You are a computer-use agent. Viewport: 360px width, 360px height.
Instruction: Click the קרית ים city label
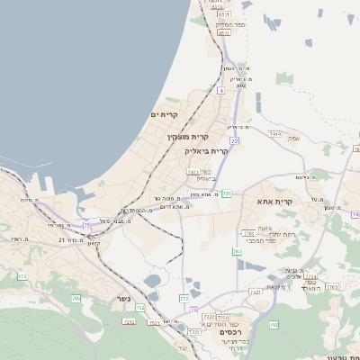[165, 114]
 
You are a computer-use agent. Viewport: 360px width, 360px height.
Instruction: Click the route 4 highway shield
[220, 91]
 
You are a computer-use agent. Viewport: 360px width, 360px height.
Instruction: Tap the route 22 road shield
[234, 140]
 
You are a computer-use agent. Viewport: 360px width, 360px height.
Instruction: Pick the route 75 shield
[86, 225]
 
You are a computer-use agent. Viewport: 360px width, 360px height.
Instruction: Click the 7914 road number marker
[274, 134]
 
